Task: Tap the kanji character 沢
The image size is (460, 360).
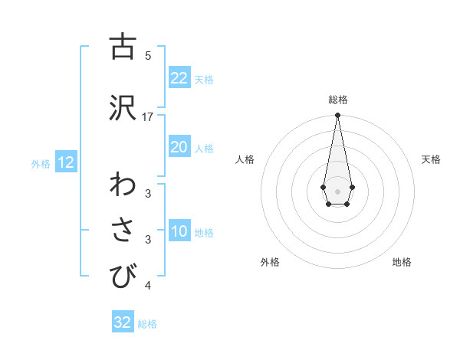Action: (x=122, y=107)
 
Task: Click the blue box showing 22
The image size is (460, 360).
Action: (x=179, y=78)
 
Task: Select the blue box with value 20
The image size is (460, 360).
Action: (x=179, y=147)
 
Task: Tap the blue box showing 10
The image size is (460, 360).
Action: (x=179, y=231)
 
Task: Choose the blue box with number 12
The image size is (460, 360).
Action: (x=65, y=162)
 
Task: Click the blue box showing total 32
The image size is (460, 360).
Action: (x=123, y=322)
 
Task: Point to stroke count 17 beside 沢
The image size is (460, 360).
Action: (x=148, y=116)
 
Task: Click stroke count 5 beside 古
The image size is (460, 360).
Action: (x=148, y=55)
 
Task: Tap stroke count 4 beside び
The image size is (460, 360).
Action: (x=148, y=286)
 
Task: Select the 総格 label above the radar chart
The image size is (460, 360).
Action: (x=338, y=100)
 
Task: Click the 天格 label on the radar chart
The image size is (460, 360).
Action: (x=432, y=159)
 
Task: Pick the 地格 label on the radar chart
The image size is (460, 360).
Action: (x=402, y=262)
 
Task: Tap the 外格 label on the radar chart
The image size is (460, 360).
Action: (x=270, y=262)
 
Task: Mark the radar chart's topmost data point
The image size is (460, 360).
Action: (x=337, y=115)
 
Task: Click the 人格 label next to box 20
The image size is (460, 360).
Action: (x=204, y=148)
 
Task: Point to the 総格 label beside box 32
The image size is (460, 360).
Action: (x=147, y=324)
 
